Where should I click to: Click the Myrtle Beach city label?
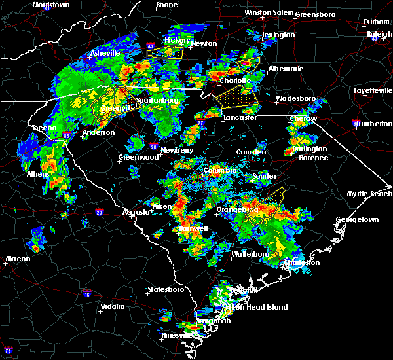372,194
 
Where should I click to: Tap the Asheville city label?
105,53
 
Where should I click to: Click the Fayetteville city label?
373,90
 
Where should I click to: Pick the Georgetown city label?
357,220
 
